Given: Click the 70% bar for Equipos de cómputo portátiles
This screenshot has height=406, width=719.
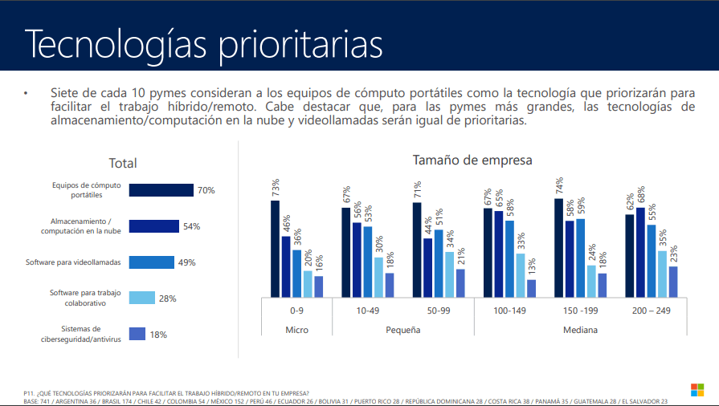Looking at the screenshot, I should click(161, 190).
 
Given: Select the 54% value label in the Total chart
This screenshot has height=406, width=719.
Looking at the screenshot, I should click(191, 226).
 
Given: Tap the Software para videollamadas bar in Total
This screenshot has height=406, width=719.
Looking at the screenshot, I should click(151, 262).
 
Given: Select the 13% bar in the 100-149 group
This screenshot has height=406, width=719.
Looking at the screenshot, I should click(531, 288).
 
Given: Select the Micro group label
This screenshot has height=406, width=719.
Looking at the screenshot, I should click(297, 330).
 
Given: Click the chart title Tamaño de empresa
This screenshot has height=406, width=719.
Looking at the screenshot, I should click(472, 160).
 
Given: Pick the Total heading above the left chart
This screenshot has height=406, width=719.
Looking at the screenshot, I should click(123, 163).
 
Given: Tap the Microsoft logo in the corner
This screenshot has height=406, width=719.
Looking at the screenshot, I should click(697, 389).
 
